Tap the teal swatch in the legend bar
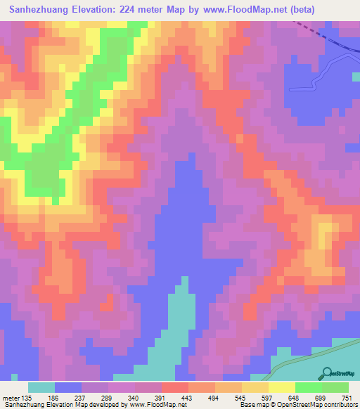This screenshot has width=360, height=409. click(x=41, y=387)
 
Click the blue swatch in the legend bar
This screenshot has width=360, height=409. click(x=68, y=387)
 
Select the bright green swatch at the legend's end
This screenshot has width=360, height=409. click(x=335, y=387)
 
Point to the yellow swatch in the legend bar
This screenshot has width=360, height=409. click(x=282, y=387)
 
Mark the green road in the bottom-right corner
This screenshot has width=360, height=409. click(x=302, y=356)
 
